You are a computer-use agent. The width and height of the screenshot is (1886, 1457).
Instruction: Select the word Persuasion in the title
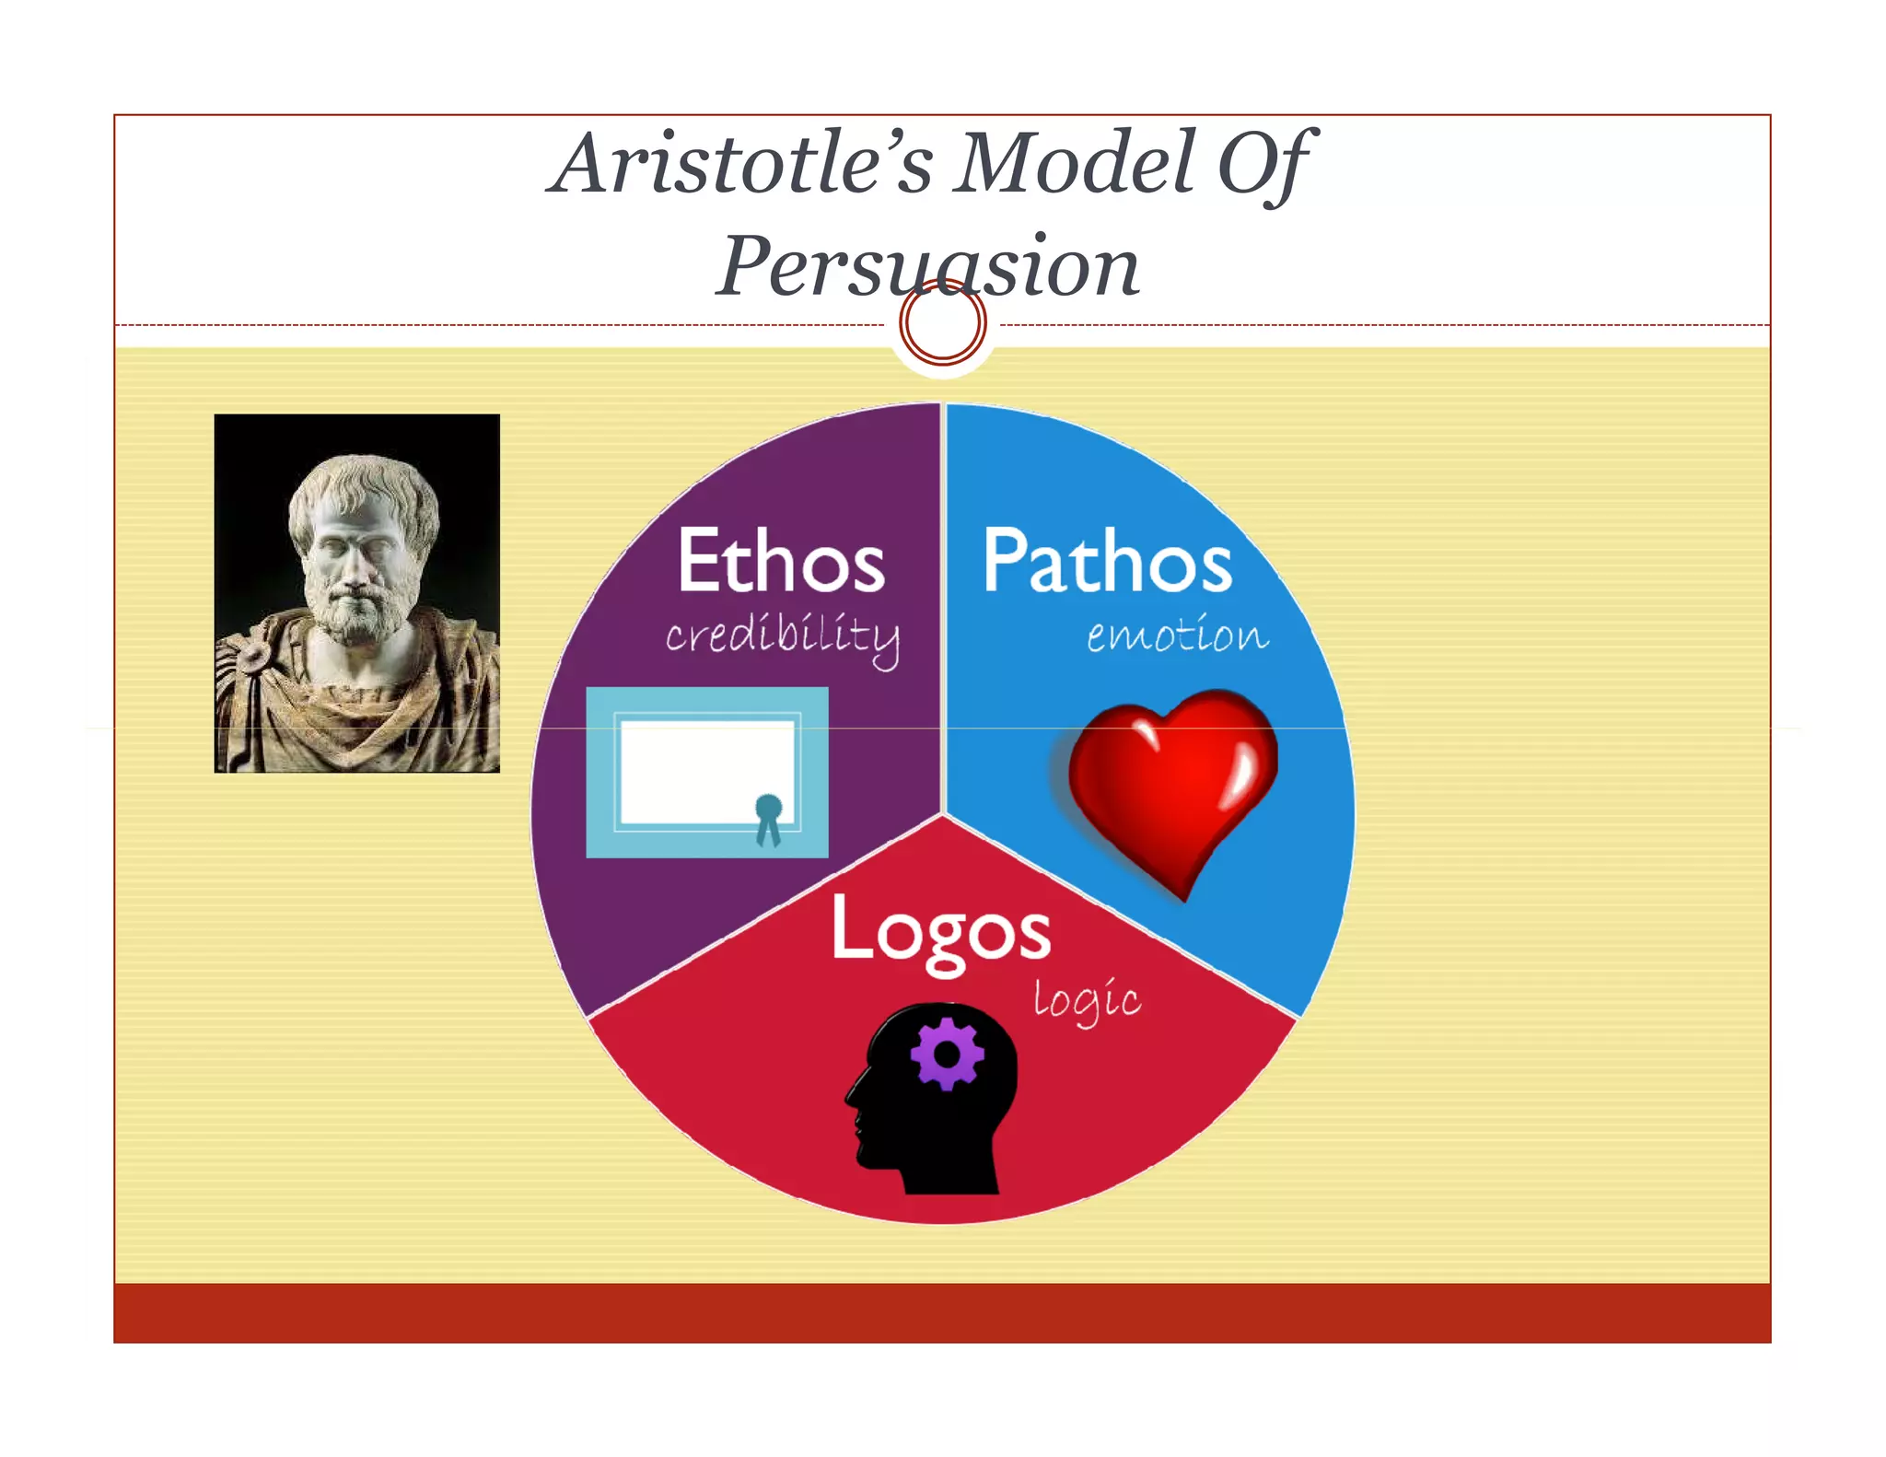[x=928, y=266]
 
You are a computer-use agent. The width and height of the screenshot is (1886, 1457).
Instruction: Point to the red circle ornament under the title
[x=942, y=323]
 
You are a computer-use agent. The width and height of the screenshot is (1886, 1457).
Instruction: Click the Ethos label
[x=781, y=561]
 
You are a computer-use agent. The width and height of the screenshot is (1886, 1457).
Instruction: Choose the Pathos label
[x=1107, y=561]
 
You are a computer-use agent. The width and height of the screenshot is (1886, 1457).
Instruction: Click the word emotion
[x=1177, y=635]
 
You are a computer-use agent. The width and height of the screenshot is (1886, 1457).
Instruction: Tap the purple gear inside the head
[x=947, y=1054]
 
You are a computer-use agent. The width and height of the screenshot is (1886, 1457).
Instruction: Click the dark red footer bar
[x=942, y=1312]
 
